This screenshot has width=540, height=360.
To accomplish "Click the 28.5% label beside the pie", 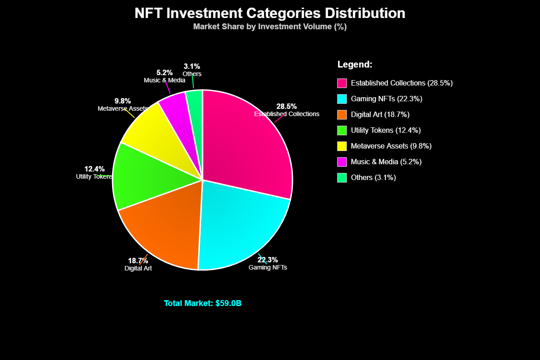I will [x=287, y=106].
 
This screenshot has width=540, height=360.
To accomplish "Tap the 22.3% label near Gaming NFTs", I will [x=268, y=260].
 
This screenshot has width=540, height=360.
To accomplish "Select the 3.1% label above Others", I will [x=192, y=67].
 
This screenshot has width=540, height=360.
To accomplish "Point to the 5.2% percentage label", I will [x=165, y=72].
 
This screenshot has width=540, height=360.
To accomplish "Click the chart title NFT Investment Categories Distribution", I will [x=270, y=13].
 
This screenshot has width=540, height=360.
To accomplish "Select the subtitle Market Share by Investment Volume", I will [x=270, y=27].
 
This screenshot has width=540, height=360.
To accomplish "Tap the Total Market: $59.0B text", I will [x=202, y=303].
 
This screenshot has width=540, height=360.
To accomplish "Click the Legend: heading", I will [x=355, y=64].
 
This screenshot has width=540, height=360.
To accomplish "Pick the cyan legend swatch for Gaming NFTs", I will [x=342, y=99].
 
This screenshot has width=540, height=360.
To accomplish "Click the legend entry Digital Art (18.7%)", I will [x=380, y=115].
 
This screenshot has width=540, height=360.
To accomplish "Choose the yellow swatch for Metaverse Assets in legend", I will [x=342, y=146].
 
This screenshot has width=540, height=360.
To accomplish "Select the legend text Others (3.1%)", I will [x=373, y=178].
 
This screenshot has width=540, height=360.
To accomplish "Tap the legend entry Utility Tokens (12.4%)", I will [x=386, y=130].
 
